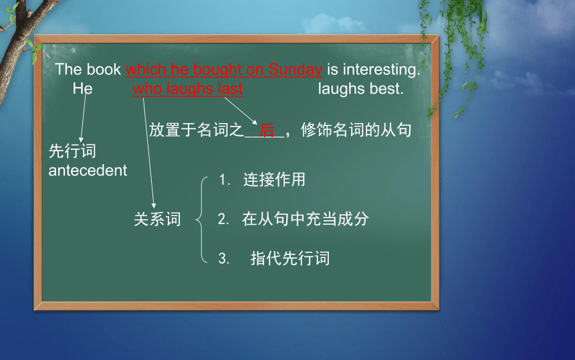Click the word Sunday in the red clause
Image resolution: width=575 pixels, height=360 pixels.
pos(296,69)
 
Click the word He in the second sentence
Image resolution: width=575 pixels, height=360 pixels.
pos(82,88)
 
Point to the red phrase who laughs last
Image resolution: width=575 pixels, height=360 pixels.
pos(188,89)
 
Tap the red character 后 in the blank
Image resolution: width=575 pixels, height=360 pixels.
pos(267,130)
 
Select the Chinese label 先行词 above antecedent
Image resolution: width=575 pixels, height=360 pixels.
pos(72,151)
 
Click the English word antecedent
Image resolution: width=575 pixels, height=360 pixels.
pos(88,170)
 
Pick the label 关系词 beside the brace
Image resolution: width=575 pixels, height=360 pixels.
pos(157,219)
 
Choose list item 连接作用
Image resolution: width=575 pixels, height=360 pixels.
pos(274,179)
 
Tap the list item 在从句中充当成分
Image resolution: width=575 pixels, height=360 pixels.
pos(306,219)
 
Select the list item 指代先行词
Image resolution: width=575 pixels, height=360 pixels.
pos(290,258)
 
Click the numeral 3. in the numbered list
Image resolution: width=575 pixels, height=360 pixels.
pos(224,258)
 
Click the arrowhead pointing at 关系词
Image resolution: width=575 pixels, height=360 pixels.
pos(154,205)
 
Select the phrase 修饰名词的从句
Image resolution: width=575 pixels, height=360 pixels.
pos(356,130)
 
